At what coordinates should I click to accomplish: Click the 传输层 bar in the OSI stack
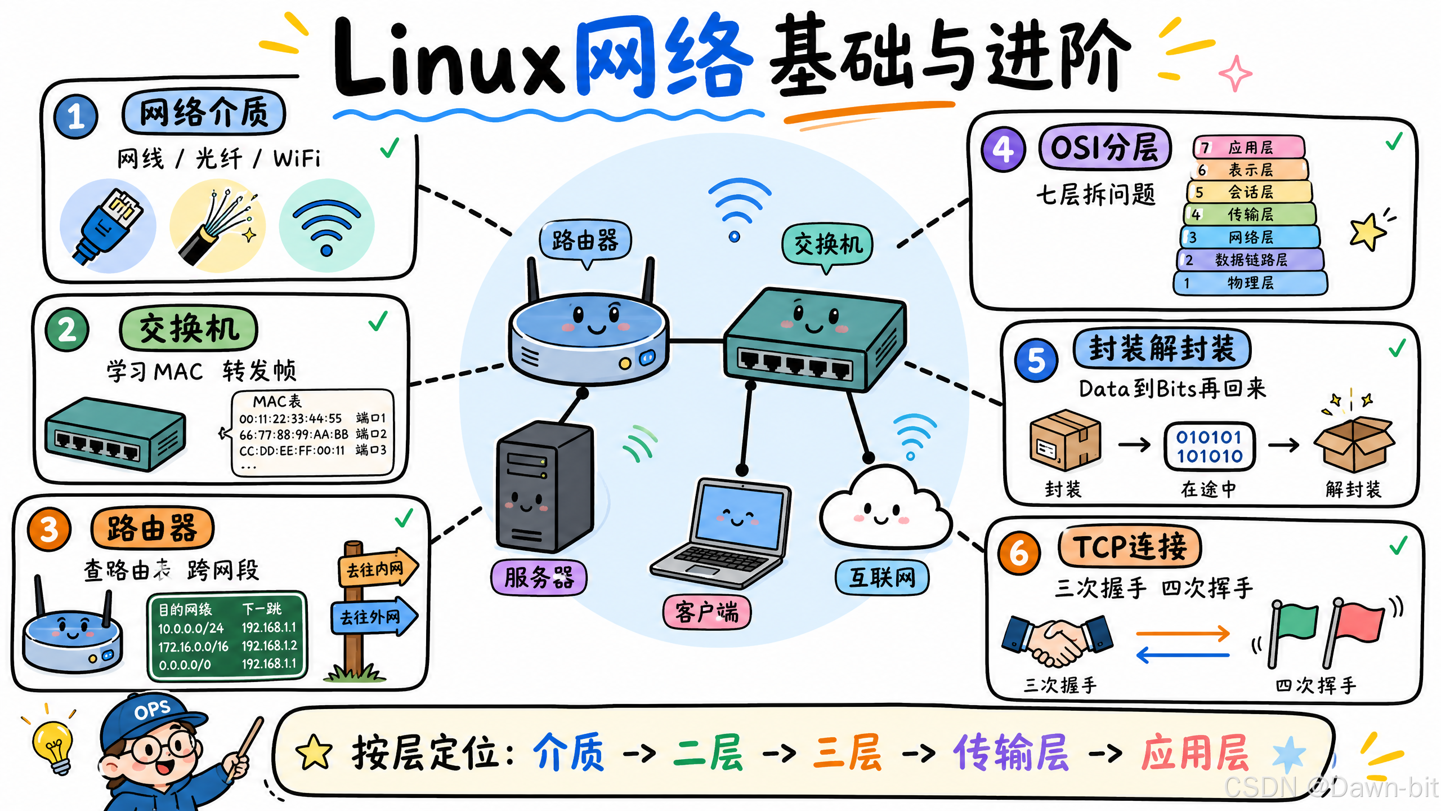pos(1250,214)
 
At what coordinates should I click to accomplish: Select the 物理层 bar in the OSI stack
pos(1250,282)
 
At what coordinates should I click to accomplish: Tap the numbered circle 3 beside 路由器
pos(49,529)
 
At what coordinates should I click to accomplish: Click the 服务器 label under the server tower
pos(539,577)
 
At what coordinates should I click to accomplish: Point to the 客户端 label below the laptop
pos(707,612)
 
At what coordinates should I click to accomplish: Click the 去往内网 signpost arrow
pos(378,568)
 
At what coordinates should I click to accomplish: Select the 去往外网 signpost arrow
pos(374,617)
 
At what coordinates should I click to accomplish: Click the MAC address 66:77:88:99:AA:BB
pos(294,434)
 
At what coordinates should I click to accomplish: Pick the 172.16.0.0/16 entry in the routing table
pos(193,647)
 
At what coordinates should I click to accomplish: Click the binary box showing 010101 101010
pos(1209,446)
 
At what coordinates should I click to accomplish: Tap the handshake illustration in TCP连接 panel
pos(1057,640)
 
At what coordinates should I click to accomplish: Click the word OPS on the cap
pos(152,710)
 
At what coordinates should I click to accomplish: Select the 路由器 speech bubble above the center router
pos(585,240)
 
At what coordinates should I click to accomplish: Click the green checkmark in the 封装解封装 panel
pos(1397,348)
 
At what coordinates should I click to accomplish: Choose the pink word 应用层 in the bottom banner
pos(1194,752)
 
